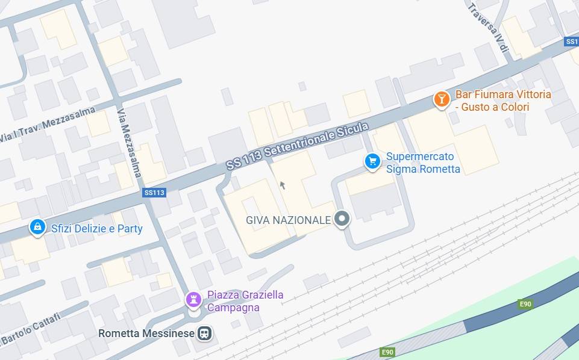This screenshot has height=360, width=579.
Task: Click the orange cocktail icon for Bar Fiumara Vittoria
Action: (442, 99)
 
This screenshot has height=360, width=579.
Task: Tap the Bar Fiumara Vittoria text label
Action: (502, 101)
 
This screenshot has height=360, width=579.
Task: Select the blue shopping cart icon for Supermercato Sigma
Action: (372, 161)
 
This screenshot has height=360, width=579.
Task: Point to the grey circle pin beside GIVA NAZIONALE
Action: (342, 219)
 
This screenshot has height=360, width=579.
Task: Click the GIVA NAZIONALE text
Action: (288, 220)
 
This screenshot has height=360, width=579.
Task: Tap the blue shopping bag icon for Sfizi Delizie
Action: (37, 228)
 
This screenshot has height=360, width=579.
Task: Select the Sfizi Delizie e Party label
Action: (96, 229)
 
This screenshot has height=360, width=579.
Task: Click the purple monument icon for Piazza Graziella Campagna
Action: (193, 299)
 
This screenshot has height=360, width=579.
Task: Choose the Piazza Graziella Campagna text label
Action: (245, 301)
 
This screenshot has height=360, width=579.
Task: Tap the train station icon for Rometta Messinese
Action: (205, 333)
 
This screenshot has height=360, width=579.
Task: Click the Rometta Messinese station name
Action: (146, 334)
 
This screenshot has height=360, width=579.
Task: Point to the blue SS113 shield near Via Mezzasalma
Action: (154, 193)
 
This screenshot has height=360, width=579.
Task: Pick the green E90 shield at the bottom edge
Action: (387, 352)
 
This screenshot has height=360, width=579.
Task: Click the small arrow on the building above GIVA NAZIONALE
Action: (282, 185)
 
